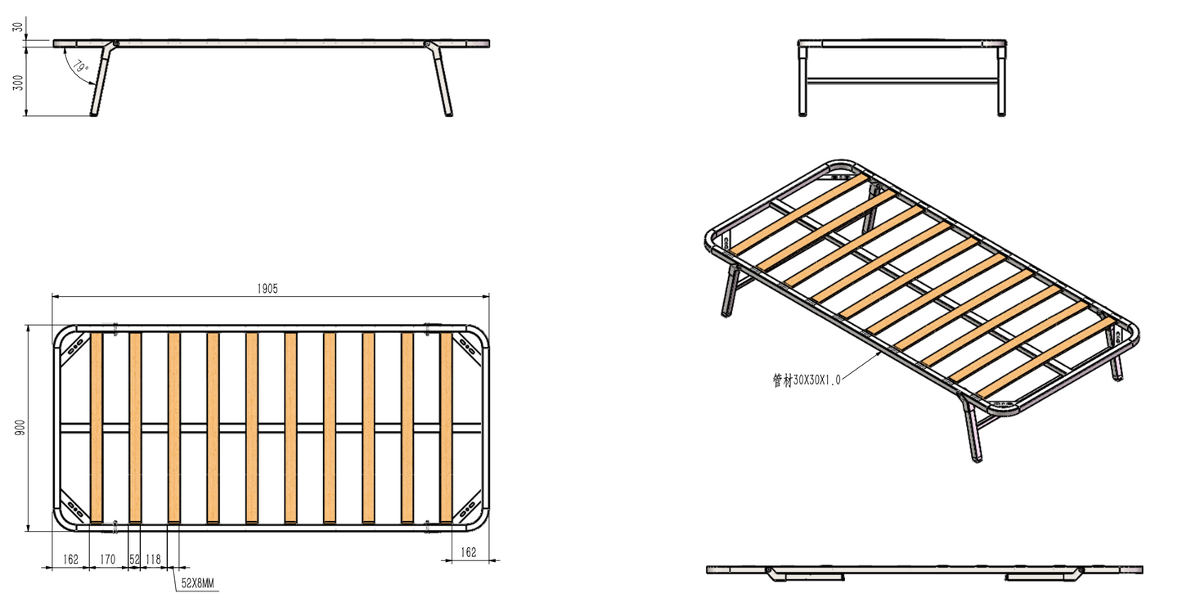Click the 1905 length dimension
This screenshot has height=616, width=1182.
267,289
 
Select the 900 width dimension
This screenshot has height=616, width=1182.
20,427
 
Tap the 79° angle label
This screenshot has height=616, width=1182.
80,68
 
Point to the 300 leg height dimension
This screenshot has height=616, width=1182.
18,82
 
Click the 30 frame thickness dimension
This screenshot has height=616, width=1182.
18,27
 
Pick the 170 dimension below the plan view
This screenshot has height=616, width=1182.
107,560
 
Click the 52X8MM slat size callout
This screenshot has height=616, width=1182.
197,583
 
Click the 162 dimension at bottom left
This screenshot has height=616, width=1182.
70,560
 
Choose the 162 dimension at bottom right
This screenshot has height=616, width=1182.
468,552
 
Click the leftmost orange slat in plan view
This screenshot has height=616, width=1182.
97,427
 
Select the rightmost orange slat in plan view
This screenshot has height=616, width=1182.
447,427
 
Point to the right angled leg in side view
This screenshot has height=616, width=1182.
441,82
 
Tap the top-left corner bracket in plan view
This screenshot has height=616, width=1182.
75,345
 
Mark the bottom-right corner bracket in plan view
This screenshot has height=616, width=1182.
469,510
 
